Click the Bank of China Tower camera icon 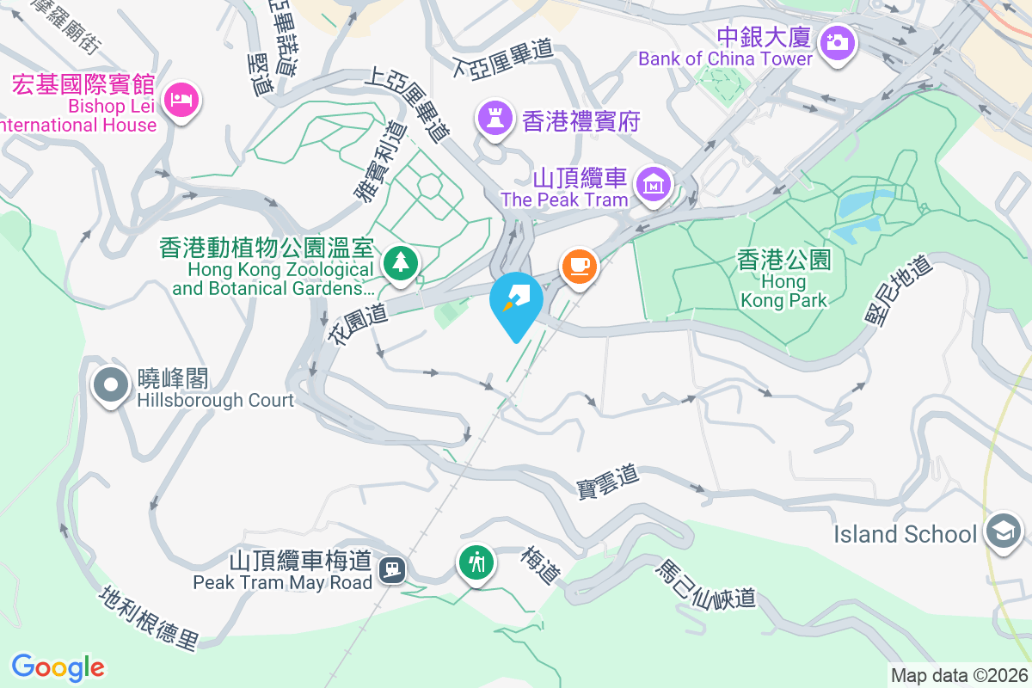coord(837,41)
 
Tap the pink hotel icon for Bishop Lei coord(182,100)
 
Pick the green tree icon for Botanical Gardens coord(400,261)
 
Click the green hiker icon coord(476,563)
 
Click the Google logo coord(58,666)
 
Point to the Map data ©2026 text coord(959,676)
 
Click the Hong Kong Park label coord(783,279)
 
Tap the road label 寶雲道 coord(608,481)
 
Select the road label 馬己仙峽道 coord(706,584)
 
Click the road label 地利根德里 coord(150,617)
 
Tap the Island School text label coord(906,534)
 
